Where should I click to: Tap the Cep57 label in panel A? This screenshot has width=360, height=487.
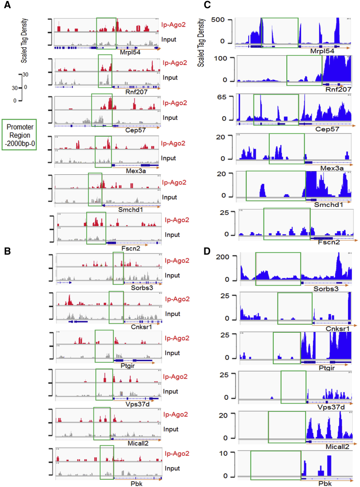(x=121, y=130)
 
